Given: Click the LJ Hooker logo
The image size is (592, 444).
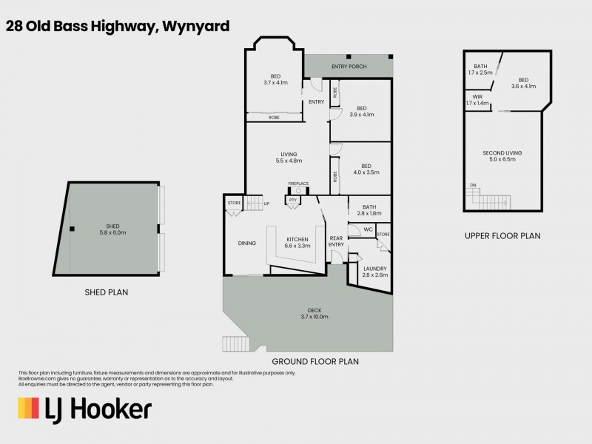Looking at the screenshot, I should point(84,408).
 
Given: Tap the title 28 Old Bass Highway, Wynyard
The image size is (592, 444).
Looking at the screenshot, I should point(118,26).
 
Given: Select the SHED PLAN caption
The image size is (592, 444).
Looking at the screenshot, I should point(107,292).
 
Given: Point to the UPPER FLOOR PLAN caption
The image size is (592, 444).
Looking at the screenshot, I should point(502,236).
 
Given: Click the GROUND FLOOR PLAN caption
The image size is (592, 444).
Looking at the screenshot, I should point(315,362).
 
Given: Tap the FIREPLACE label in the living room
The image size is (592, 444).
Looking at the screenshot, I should point(298,184).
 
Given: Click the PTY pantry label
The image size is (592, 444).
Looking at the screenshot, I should point(293,200).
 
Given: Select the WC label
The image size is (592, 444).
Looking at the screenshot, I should point(368,229).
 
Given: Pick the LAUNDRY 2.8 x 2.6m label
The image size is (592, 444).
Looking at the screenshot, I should point(374,272).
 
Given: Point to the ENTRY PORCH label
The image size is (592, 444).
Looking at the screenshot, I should point(349,67).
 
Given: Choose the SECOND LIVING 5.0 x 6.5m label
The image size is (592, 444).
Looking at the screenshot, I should point(503,156).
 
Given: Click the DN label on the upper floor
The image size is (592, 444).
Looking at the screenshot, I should point(471,185).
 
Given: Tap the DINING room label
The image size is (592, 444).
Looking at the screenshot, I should point(246,243).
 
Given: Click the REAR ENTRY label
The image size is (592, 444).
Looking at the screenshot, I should point(337,241).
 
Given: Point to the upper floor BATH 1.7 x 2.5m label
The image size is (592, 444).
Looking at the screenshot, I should point(480,70).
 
